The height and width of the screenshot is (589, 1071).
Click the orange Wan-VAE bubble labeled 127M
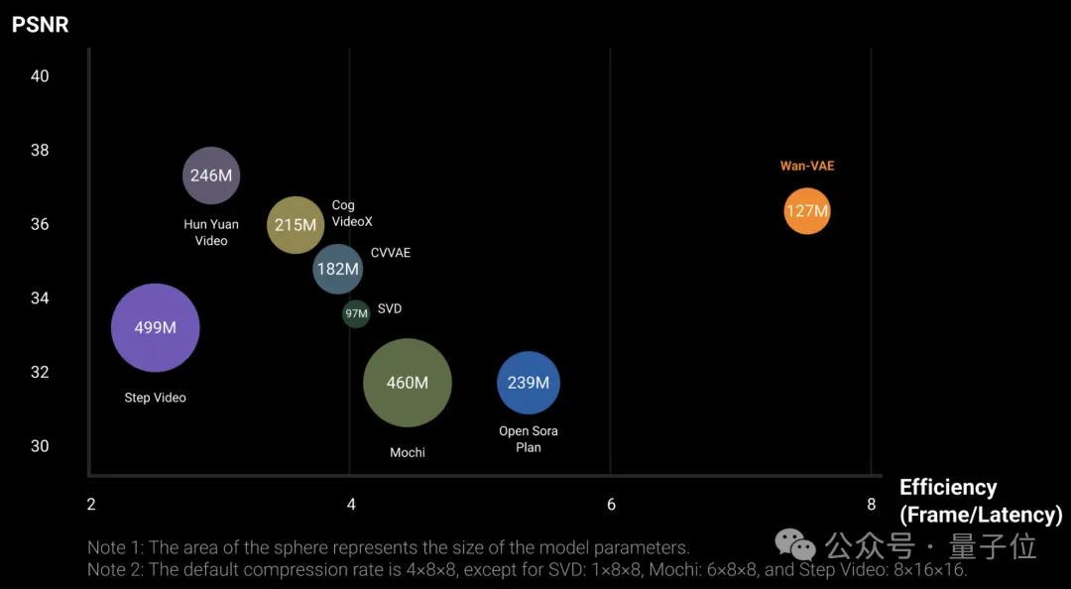(806, 211)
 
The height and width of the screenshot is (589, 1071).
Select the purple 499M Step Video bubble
(156, 328)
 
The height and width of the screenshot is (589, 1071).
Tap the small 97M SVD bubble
(356, 313)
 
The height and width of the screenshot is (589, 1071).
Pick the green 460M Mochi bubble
(408, 383)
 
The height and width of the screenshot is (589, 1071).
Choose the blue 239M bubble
(529, 383)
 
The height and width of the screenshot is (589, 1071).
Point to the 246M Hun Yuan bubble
(211, 176)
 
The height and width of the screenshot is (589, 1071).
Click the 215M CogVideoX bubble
(296, 225)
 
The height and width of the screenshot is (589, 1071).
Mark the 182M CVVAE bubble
(338, 269)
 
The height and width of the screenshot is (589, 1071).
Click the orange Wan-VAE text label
(807, 166)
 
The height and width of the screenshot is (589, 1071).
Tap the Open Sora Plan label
(529, 439)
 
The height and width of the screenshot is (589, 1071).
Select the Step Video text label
(156, 398)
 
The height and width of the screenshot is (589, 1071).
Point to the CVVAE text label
(391, 253)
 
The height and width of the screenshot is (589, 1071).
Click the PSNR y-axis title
(41, 25)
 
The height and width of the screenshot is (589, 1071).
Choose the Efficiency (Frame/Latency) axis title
(980, 501)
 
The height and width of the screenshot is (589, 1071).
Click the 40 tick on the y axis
(40, 76)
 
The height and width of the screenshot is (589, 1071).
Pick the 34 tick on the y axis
(40, 298)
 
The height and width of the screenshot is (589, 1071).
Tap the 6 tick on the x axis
(611, 505)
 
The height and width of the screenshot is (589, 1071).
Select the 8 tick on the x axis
(871, 505)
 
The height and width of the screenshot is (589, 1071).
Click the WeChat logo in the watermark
(795, 543)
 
